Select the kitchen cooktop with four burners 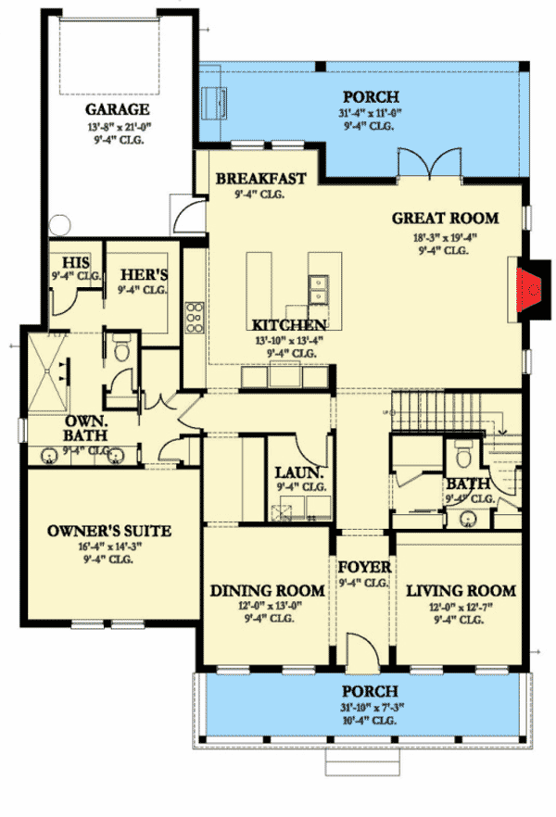click(x=196, y=318)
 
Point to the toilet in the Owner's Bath click(x=121, y=349)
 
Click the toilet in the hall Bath click(x=462, y=456)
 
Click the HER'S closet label click(x=143, y=275)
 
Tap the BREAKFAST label click(x=260, y=180)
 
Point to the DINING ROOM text click(x=267, y=591)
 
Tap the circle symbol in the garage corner click(x=61, y=223)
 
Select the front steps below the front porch click(x=362, y=760)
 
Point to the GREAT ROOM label click(x=445, y=219)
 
